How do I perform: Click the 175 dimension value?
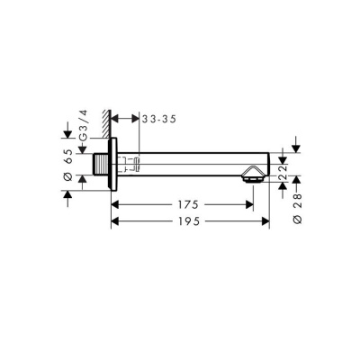186,205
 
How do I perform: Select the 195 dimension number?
186,220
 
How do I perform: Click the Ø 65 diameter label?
67,163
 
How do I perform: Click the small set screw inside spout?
136,165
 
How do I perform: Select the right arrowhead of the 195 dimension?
266,220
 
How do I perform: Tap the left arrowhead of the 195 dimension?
114,220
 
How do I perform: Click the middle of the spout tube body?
189,165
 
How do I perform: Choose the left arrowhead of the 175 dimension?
114,205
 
